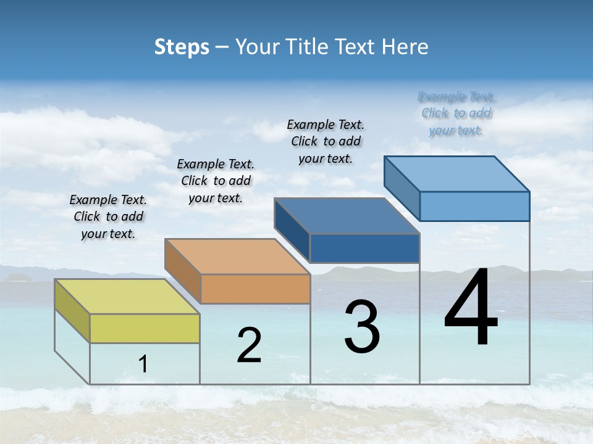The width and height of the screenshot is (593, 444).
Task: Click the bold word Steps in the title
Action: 182,47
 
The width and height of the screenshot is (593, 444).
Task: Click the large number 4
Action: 471,308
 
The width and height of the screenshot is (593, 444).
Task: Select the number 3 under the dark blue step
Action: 362,327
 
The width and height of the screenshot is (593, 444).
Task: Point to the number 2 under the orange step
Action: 249,345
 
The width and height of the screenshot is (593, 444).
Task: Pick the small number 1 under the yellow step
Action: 143,364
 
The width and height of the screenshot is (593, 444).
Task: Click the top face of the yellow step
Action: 127,297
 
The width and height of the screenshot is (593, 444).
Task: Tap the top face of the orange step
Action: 237,257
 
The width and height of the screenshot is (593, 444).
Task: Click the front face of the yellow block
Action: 145,328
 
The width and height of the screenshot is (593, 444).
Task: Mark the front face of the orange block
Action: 255,289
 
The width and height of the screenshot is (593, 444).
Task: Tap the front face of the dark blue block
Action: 364,248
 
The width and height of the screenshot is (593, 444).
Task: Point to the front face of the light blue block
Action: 474,206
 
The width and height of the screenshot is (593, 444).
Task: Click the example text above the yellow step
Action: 108,217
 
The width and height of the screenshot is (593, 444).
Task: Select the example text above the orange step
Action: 216,181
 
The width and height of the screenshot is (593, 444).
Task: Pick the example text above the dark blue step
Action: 326,142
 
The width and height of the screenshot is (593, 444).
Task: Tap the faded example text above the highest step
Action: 456,113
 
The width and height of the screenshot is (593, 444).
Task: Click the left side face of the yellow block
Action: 72,310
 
